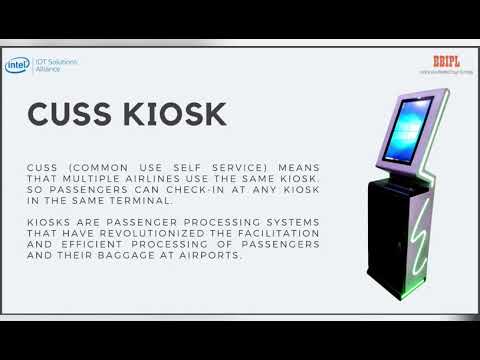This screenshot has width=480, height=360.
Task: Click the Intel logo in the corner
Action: (x=17, y=63)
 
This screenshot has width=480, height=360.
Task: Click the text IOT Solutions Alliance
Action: (x=55, y=63)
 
